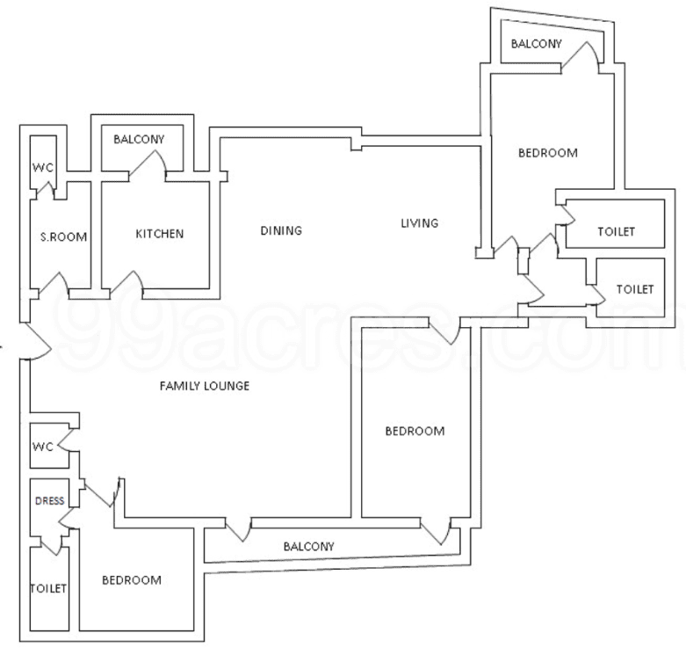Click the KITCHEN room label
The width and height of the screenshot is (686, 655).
(159, 234)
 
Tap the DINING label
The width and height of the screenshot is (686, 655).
(280, 231)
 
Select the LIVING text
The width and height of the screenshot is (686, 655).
(419, 223)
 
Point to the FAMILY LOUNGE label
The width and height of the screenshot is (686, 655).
(204, 386)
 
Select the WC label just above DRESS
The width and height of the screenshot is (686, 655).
(44, 447)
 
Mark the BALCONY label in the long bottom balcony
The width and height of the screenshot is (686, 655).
(308, 546)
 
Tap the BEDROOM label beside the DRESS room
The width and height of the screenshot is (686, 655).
(132, 580)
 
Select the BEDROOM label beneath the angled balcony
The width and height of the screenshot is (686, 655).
(547, 153)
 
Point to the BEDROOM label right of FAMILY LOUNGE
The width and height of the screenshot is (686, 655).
(415, 431)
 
